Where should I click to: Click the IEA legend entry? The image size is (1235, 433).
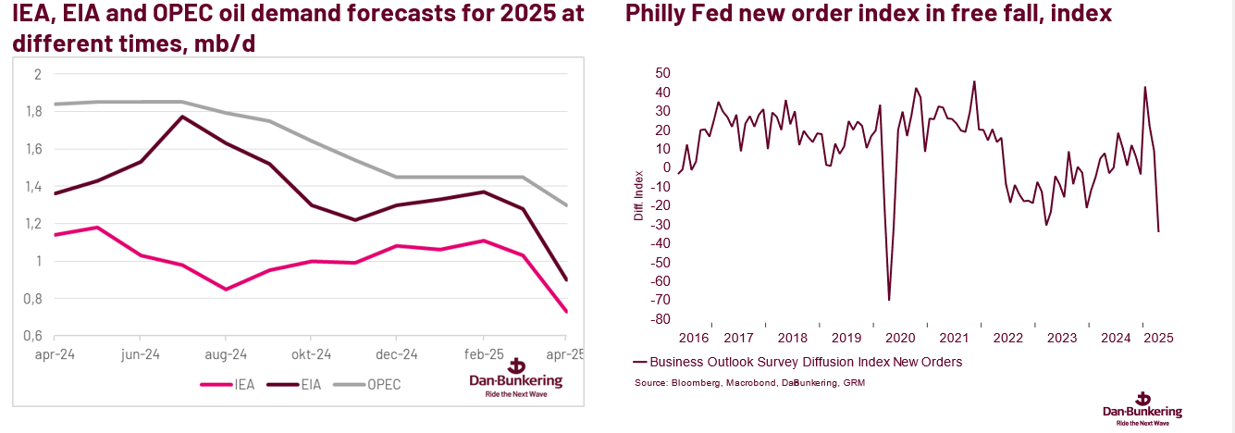(239, 384)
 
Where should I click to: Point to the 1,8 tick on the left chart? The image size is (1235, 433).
(34, 112)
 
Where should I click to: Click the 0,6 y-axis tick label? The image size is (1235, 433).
(34, 336)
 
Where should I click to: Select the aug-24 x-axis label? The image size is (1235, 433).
(225, 354)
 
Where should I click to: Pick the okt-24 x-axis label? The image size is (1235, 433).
(312, 354)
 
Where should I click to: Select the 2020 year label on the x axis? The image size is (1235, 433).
(900, 338)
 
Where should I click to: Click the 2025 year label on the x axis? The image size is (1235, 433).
(1158, 338)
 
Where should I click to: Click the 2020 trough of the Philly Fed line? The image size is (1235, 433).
(889, 300)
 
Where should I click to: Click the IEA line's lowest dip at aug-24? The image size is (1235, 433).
(226, 289)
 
